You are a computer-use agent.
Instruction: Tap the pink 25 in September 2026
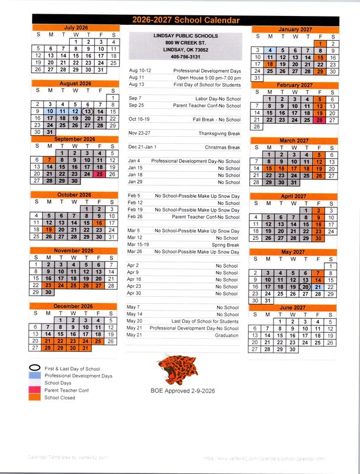[100, 174]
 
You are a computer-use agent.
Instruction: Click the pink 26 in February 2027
[320, 120]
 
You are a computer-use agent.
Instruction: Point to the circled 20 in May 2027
[305, 287]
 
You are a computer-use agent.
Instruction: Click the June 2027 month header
[292, 308]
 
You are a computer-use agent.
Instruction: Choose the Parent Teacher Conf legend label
[66, 390]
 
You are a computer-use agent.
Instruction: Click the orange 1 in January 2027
[320, 43]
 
